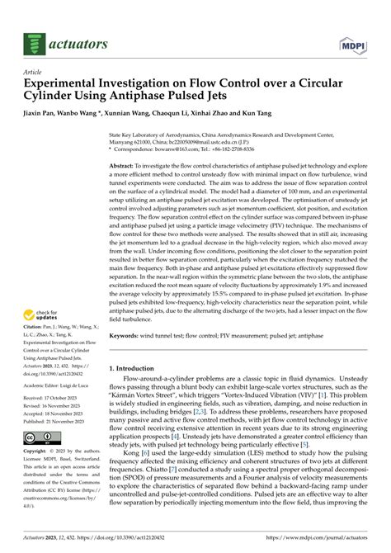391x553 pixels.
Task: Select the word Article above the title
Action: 35,73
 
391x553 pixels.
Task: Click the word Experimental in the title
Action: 68,84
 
